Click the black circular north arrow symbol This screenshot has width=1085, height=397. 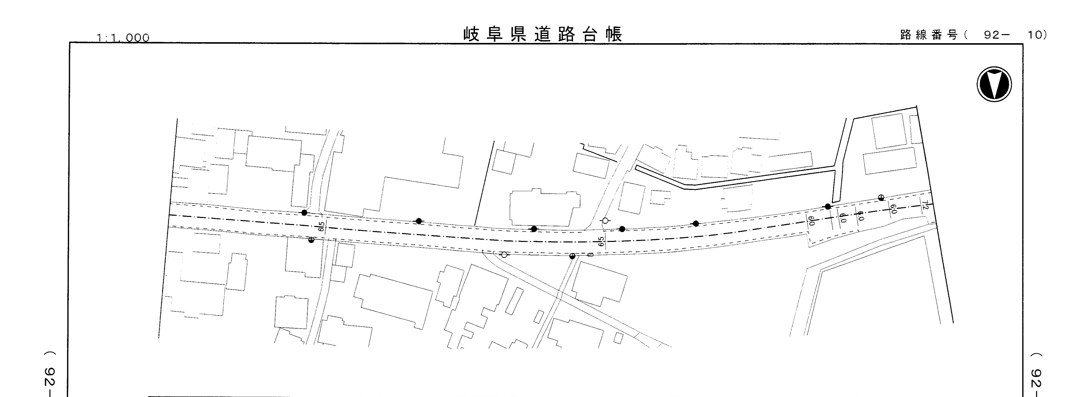994,84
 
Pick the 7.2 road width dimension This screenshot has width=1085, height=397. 925,205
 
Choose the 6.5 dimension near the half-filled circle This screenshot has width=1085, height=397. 601,241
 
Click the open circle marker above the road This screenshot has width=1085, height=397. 605,220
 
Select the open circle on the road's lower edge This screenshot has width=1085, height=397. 504,255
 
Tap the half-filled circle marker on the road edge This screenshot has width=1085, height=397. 572,256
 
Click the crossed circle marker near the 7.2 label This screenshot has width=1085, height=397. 881,197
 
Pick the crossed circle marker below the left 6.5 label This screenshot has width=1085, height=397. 311,240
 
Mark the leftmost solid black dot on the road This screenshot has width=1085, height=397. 304,212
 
